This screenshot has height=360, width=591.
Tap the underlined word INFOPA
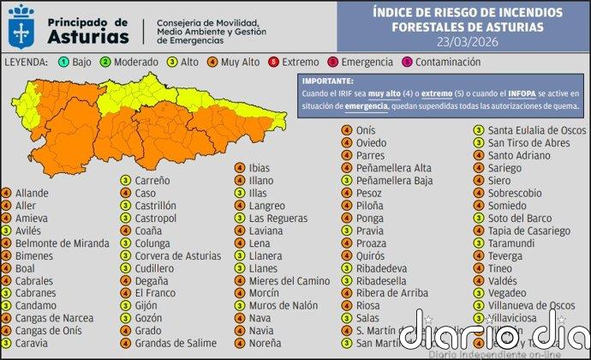click(499, 93)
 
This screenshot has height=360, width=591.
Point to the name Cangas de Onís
click(51, 330)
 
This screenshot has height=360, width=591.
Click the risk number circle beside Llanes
click(241, 268)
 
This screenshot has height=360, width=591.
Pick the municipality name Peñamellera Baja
click(395, 181)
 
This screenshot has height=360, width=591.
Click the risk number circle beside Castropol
click(125, 219)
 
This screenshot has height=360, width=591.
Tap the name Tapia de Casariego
click(528, 231)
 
